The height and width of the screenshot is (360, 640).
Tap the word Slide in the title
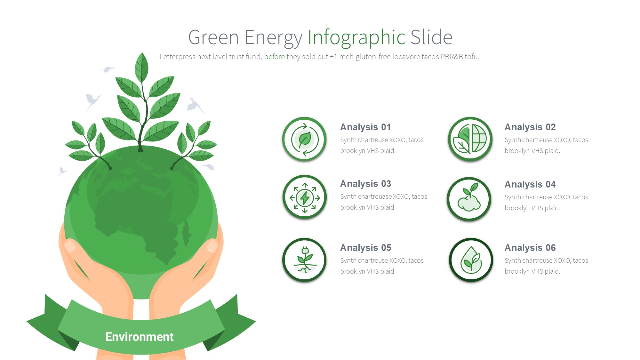(x=431, y=37)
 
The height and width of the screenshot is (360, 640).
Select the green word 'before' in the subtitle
(x=274, y=57)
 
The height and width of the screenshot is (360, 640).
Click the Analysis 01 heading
(x=365, y=127)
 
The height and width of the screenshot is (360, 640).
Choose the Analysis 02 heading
(x=530, y=127)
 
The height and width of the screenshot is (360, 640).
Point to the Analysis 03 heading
(x=365, y=184)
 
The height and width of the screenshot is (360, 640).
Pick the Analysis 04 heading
(x=530, y=184)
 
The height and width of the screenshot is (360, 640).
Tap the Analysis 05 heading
(x=365, y=248)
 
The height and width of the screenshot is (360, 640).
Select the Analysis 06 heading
(x=530, y=248)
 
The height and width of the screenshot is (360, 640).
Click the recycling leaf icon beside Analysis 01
(x=304, y=139)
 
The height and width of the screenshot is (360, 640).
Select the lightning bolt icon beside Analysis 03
(x=305, y=197)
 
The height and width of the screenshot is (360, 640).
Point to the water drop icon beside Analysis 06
(x=471, y=260)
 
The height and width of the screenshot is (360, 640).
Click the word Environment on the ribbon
(x=139, y=337)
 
